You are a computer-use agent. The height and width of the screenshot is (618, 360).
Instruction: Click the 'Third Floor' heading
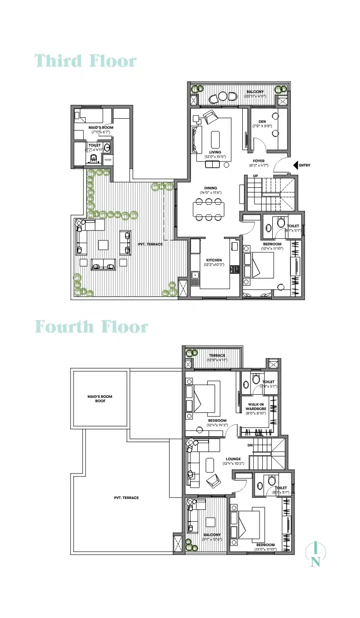(85, 61)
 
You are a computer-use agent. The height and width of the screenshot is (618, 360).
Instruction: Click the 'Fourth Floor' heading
(91, 327)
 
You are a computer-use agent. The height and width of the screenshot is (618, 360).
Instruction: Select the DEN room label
(262, 121)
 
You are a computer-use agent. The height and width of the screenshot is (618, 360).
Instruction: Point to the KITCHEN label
(213, 260)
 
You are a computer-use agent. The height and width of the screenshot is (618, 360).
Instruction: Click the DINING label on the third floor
(210, 188)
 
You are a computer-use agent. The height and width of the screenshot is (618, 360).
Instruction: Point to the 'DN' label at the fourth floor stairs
(250, 445)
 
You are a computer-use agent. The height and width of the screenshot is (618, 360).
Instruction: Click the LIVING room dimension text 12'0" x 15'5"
(215, 157)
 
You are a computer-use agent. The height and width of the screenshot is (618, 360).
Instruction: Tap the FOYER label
(259, 161)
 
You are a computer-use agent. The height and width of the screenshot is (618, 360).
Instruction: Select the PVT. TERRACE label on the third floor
(151, 244)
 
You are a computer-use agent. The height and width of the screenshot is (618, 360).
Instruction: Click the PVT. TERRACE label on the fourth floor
(126, 497)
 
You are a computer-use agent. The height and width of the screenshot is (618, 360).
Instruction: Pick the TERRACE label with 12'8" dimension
(217, 356)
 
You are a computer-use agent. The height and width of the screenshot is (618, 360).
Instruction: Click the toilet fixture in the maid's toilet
(94, 159)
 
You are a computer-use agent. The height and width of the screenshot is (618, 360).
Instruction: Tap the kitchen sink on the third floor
(195, 275)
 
